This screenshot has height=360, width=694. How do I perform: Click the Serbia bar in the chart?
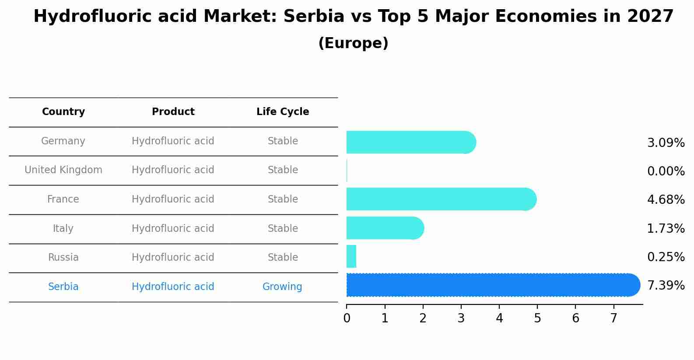[493, 285]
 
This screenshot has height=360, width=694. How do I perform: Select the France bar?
[441, 199]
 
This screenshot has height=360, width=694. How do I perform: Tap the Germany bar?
[411, 142]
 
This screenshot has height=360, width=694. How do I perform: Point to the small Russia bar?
[351, 256]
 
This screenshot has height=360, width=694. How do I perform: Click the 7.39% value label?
[666, 286]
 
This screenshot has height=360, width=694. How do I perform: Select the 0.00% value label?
[666, 171]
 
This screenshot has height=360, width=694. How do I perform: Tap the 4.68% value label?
[666, 200]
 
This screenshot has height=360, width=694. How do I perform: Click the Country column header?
[63, 112]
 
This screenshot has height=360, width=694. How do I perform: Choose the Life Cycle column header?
[283, 112]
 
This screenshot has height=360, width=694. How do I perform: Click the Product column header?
[173, 112]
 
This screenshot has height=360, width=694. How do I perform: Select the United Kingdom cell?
[63, 170]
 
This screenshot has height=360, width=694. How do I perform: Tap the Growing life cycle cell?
[282, 287]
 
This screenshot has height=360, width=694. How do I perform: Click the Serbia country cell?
[63, 287]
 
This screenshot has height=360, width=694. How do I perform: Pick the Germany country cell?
[63, 141]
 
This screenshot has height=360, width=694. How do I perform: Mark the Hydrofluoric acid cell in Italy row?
[173, 229]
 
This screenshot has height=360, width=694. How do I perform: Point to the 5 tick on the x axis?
[537, 318]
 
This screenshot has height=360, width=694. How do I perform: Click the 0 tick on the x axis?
[347, 318]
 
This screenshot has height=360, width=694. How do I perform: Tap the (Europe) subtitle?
[353, 43]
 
